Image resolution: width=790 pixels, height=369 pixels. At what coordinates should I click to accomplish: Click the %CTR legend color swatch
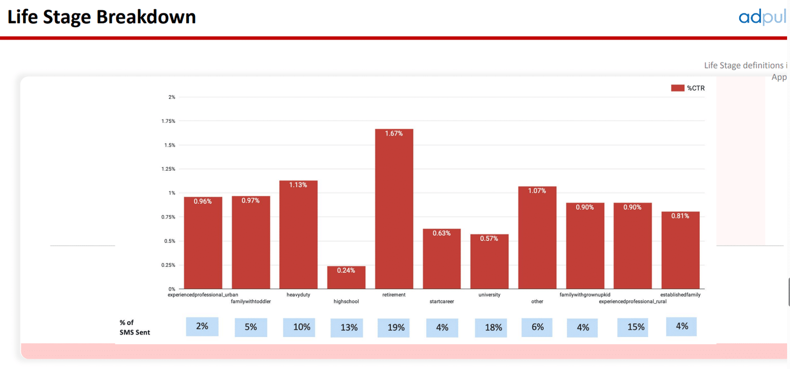[x=677, y=88]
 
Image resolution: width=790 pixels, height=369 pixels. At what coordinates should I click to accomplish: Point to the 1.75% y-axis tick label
[x=168, y=121]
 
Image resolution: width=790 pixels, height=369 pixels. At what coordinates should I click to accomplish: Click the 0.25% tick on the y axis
[x=168, y=265]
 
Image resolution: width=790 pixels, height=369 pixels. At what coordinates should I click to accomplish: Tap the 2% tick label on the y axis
[x=171, y=97]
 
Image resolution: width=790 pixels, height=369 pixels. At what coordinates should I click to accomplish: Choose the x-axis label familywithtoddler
[x=251, y=301]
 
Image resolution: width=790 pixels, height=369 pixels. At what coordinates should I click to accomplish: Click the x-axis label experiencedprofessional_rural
[x=632, y=301]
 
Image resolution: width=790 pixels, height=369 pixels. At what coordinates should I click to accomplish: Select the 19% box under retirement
[x=394, y=328]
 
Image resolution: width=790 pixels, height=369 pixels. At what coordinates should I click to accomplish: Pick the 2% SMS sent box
[x=202, y=327]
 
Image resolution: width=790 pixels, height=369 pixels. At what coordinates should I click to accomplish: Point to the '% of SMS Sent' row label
[x=134, y=327]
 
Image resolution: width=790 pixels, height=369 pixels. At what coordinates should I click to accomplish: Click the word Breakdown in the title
[x=146, y=17]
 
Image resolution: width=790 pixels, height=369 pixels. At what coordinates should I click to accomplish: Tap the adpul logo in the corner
[x=762, y=17]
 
